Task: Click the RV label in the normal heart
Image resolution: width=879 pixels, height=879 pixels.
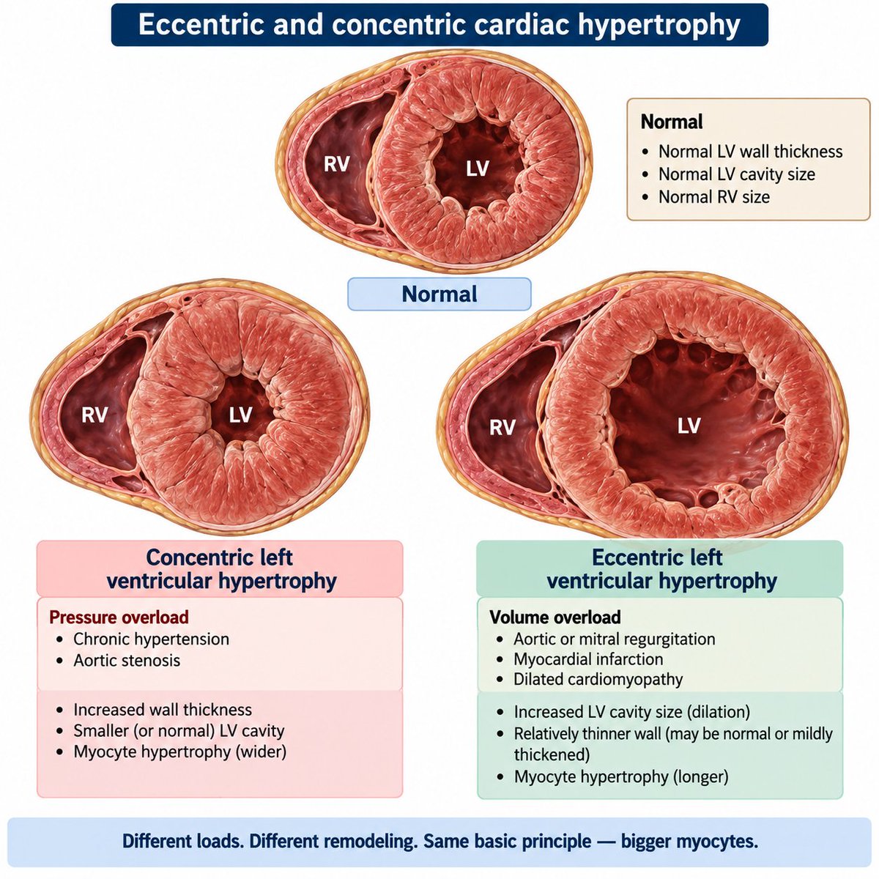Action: [x=337, y=164]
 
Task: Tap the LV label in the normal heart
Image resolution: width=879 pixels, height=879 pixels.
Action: [x=477, y=168]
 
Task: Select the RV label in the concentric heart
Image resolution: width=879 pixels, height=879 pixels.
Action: [x=94, y=415]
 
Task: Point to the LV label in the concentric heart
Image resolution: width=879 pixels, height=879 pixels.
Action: [x=240, y=415]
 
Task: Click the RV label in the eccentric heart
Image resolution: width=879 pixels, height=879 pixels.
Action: [x=502, y=427]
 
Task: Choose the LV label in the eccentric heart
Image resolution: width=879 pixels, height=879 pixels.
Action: [x=689, y=426]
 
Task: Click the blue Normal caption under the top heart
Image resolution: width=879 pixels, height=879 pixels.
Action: [x=439, y=294]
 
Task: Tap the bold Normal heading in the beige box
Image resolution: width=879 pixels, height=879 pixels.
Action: [x=672, y=122]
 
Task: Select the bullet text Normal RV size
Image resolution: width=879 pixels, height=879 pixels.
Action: [x=714, y=197]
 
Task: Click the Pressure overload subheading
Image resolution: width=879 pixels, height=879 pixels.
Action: [x=119, y=617]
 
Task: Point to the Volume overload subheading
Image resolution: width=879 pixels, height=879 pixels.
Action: [x=555, y=617]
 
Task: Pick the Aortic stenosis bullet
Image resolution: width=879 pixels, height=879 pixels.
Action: [x=127, y=660]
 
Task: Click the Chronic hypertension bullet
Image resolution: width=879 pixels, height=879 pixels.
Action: [x=151, y=639]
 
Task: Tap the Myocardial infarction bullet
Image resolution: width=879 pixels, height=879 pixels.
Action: [x=588, y=659]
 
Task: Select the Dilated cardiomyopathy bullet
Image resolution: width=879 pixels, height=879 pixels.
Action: [x=598, y=679]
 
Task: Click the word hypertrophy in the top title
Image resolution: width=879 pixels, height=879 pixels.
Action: [x=659, y=25]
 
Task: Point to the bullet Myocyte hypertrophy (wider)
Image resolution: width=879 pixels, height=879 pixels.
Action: [x=179, y=752]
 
